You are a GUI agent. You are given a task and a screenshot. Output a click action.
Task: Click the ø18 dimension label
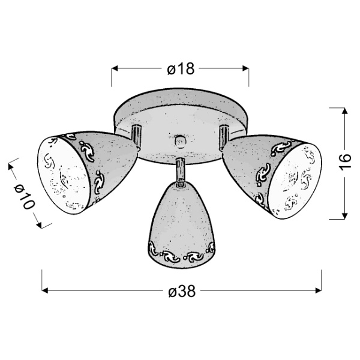tap(181, 70)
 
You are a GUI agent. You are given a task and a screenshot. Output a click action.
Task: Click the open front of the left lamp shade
tap(64, 174)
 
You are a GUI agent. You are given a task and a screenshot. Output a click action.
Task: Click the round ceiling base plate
tap(180, 111)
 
